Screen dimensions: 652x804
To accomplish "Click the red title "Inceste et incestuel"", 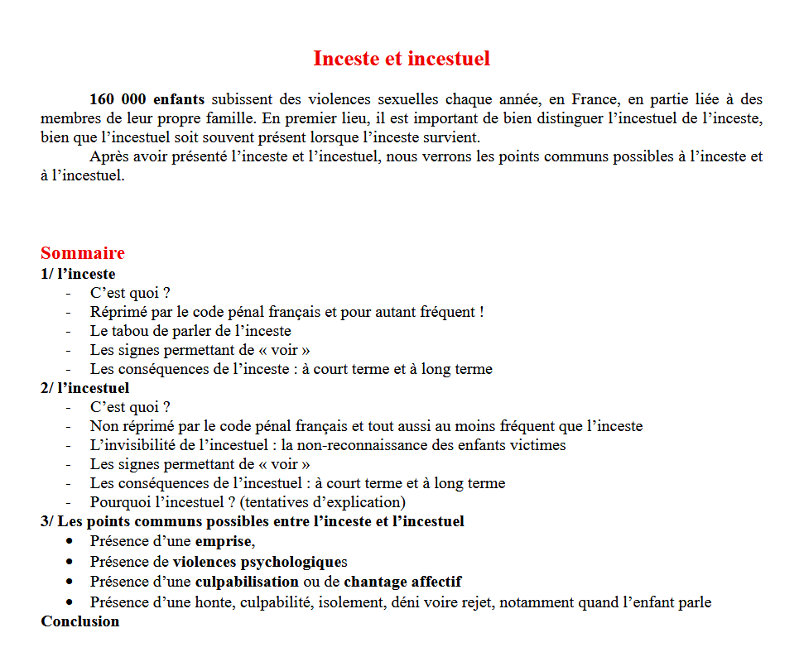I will coord(402,59).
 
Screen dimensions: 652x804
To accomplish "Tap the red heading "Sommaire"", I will coord(83,253).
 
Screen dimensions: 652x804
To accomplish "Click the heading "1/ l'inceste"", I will coord(78,274).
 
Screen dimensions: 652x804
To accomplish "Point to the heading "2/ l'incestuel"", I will coord(84,388).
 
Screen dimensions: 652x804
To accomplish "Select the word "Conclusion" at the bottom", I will coord(80,621).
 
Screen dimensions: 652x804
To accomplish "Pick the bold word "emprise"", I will coord(224,542).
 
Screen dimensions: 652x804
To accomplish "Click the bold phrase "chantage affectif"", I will coord(402,582).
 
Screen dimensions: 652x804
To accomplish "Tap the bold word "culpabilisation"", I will coord(247,582).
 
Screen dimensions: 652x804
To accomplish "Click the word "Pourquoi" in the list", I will coord(118,502).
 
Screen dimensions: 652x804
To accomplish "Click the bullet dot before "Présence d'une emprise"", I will coord(70,541).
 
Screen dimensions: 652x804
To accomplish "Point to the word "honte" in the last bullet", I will coord(218,602).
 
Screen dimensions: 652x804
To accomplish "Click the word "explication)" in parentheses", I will coord(365,502).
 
